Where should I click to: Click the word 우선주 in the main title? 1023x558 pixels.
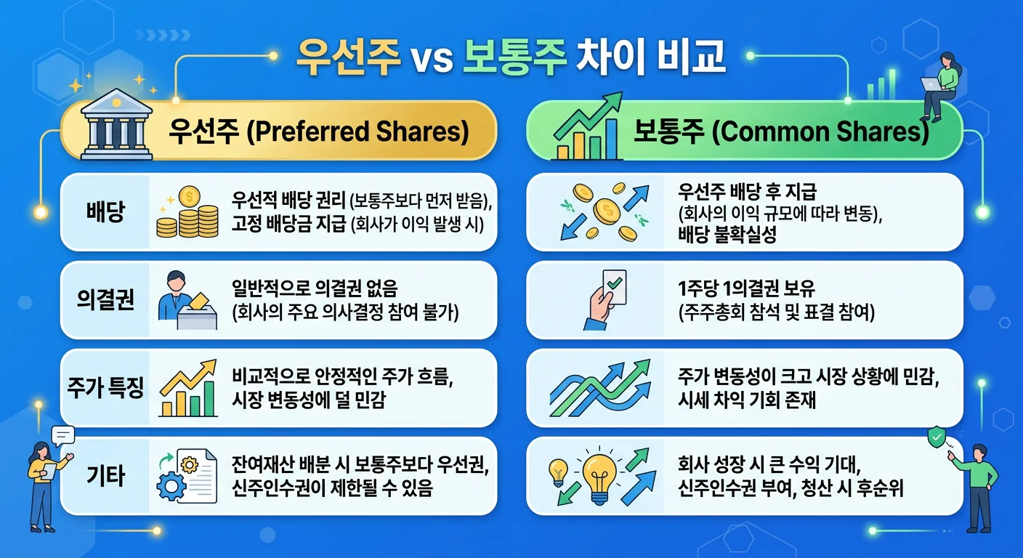349,57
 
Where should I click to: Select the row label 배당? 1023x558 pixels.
105,213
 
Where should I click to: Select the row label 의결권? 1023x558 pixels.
105,300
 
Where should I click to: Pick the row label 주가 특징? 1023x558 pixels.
105,387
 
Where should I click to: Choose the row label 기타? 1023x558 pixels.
105,476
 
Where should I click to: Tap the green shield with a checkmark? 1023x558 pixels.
937,437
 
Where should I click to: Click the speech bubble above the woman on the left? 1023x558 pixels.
64,435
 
